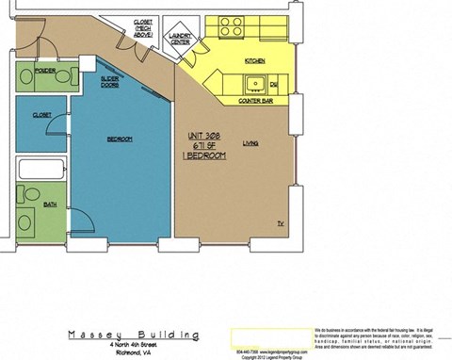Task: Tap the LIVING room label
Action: click(250, 143)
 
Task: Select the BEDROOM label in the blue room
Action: click(119, 139)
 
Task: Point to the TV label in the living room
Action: click(280, 223)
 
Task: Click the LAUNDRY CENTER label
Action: click(179, 39)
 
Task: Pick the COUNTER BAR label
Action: click(253, 98)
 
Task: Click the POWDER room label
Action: click(42, 70)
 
